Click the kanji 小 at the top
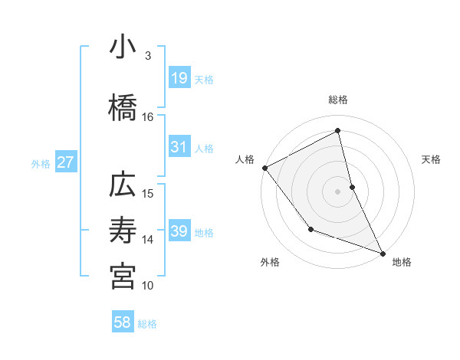[x=122, y=48]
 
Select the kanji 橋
[x=122, y=110]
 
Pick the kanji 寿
[x=122, y=231]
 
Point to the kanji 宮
[x=122, y=277]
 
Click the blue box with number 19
[x=179, y=78]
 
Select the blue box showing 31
[x=179, y=147]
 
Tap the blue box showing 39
[x=179, y=231]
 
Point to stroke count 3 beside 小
[x=149, y=56]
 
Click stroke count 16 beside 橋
[x=148, y=117]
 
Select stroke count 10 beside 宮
[x=148, y=285]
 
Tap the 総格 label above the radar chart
[x=338, y=100]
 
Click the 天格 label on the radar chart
[x=431, y=159]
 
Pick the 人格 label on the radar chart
[x=245, y=159]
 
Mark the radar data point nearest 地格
[x=383, y=253]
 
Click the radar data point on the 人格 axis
[x=264, y=168]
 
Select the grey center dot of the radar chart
[x=338, y=191]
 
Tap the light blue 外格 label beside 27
[x=41, y=163]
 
